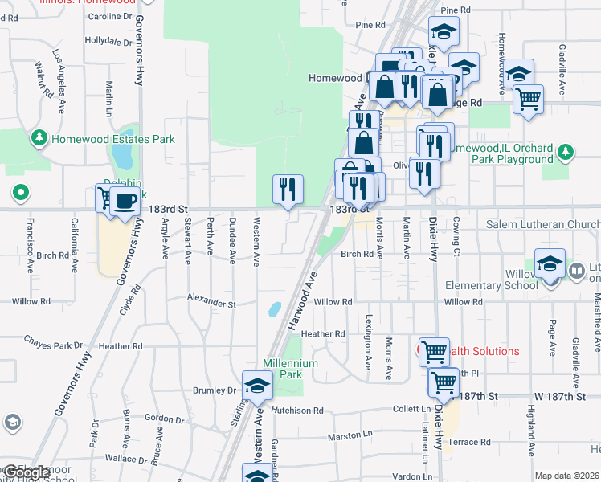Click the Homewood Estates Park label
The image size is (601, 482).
(112, 139)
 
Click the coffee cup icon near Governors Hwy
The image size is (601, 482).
(125, 201)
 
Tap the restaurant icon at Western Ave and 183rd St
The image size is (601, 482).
(288, 190)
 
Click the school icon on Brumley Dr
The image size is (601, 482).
(257, 386)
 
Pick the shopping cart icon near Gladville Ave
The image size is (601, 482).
(528, 100)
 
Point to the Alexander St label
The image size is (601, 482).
(211, 304)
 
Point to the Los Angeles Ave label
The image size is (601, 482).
(60, 80)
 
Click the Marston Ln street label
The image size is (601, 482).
(351, 437)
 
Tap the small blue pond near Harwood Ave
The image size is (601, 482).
(275, 308)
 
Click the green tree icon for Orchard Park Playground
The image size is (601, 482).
(566, 150)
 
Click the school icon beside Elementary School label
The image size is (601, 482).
(550, 263)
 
